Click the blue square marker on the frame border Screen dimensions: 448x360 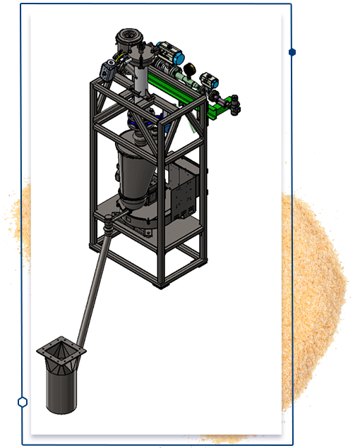[x=292, y=52]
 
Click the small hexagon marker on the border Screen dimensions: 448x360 [x=23, y=401]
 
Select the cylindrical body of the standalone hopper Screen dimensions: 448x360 [x=61, y=388]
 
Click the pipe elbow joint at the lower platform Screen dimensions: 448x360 [x=108, y=228]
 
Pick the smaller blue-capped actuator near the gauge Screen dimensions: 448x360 [x=208, y=80]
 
